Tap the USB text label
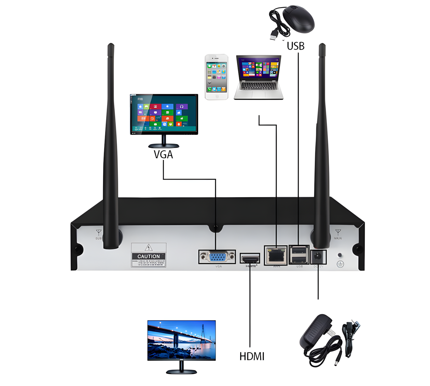click(296, 46)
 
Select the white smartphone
click(216, 77)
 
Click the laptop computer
click(259, 77)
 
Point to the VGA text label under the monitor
click(163, 155)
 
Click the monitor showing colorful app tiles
click(164, 115)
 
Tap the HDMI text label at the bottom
click(252, 356)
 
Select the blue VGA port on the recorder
click(217, 257)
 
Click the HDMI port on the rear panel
click(250, 259)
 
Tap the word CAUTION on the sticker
click(149, 256)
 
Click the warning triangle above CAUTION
click(149, 248)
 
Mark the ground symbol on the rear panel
click(340, 264)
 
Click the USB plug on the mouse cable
click(273, 35)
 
